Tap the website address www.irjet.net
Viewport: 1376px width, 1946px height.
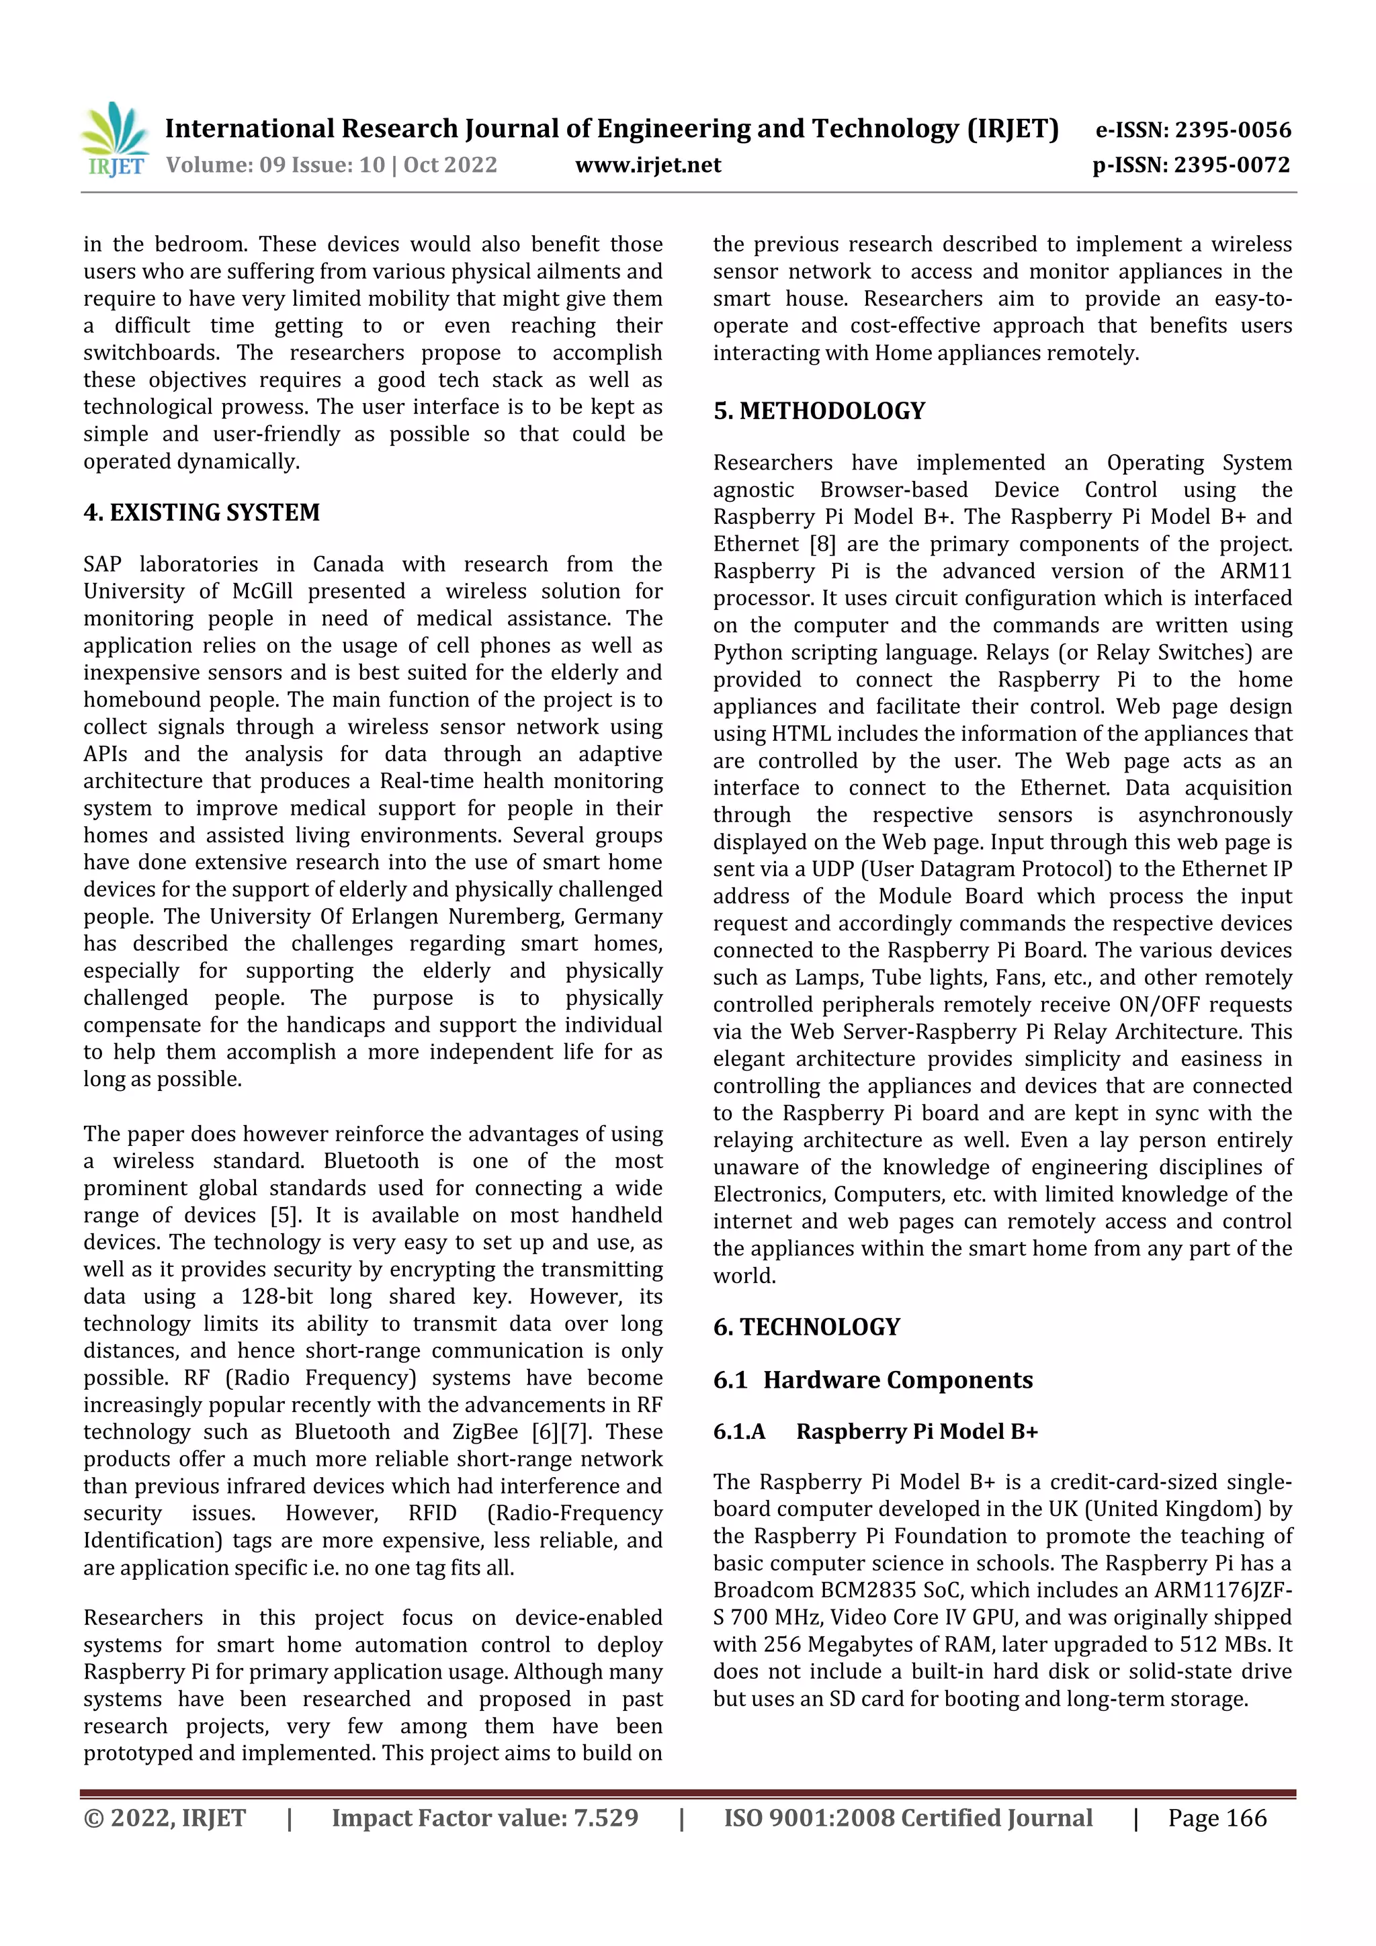(648, 165)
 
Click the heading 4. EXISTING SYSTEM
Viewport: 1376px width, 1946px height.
(202, 513)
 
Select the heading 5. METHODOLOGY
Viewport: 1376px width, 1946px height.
(819, 411)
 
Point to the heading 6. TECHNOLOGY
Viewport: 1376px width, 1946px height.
(806, 1327)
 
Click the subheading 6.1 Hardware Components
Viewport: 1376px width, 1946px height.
(872, 1380)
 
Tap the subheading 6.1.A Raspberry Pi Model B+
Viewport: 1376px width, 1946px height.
(875, 1431)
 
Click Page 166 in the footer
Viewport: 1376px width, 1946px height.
(1217, 1818)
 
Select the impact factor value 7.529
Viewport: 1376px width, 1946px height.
(605, 1818)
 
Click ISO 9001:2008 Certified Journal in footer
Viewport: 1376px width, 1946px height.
(907, 1818)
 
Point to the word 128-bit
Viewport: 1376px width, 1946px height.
(282, 1296)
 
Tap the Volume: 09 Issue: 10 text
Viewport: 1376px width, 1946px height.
(275, 165)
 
